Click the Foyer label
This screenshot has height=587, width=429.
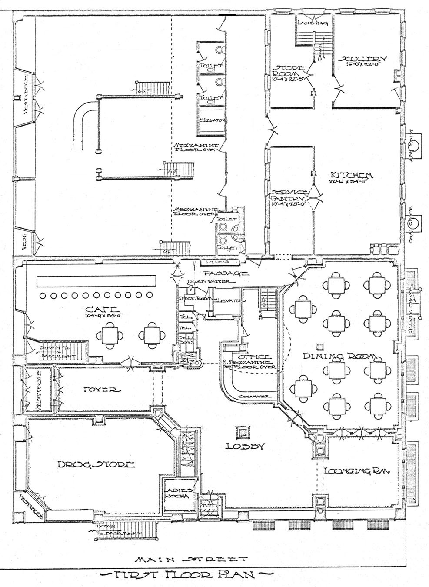100,390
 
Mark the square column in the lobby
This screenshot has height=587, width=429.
242,432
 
